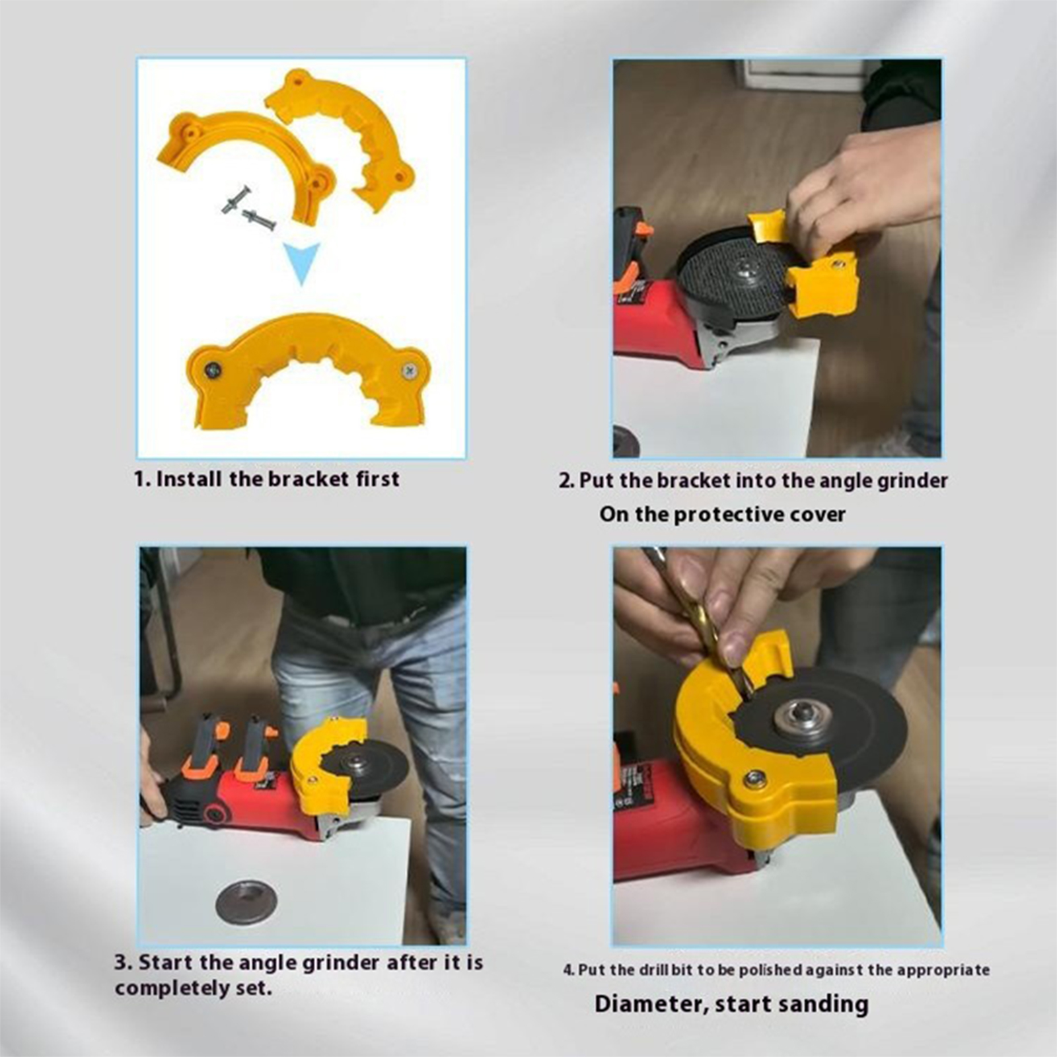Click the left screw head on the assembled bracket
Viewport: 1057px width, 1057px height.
[x=212, y=371]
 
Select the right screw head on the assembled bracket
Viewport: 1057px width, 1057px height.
[x=410, y=371]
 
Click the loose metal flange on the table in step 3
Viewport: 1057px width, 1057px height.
[x=246, y=902]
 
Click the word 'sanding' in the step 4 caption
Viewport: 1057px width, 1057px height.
[x=822, y=1003]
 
